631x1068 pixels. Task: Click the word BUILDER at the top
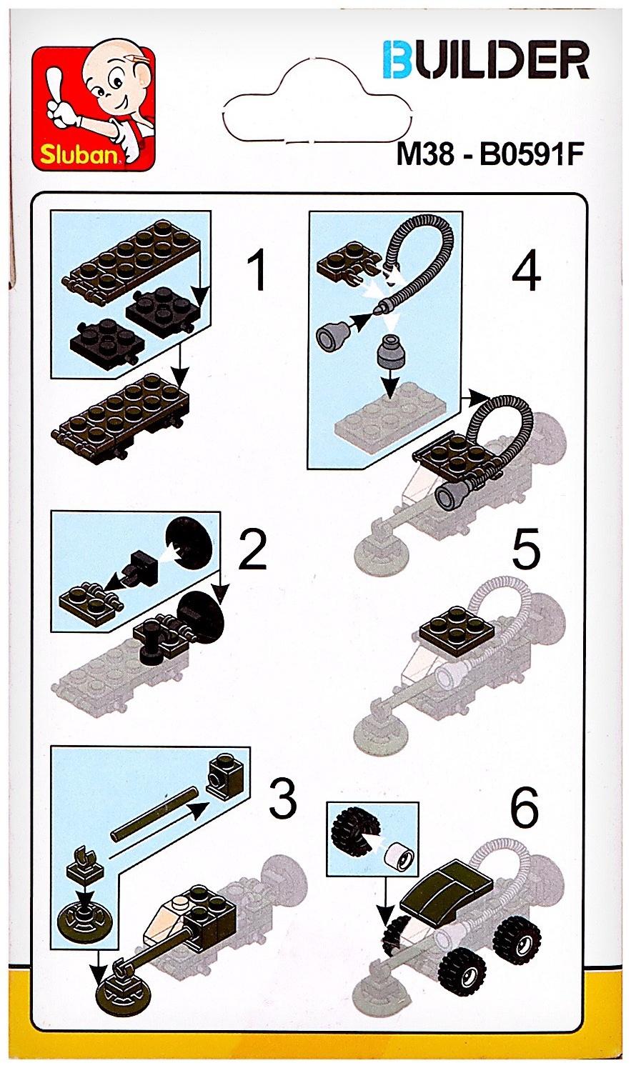pos(487,59)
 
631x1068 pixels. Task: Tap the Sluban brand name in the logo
pos(79,154)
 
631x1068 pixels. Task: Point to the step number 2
pos(252,550)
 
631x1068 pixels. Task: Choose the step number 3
pos(283,799)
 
